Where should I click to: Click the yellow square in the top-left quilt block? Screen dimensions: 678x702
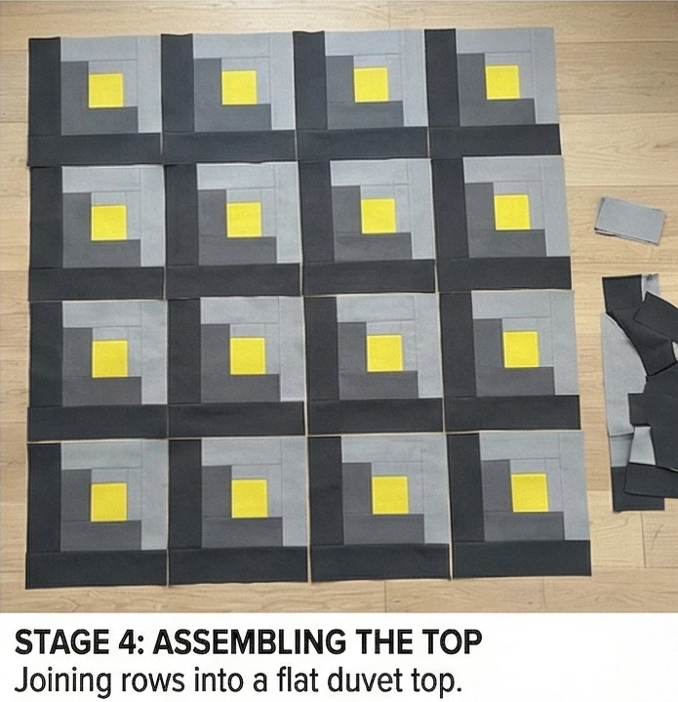(106, 91)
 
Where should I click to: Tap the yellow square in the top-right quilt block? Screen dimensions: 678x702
(503, 82)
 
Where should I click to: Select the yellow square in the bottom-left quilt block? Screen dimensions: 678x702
(109, 502)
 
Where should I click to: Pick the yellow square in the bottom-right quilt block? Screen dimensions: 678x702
(530, 492)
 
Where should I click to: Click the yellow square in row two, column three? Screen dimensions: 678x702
(379, 216)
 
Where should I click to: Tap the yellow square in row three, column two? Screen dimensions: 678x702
(248, 356)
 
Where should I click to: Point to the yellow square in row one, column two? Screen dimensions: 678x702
(239, 87)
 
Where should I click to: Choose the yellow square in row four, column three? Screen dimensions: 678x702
(390, 495)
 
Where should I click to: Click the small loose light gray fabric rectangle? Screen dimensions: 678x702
(629, 221)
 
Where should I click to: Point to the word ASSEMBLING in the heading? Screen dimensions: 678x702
(249, 642)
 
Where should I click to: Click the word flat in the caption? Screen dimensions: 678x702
(299, 680)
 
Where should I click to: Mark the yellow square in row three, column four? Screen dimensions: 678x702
(521, 350)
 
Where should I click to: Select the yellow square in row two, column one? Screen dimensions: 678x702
(108, 223)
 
